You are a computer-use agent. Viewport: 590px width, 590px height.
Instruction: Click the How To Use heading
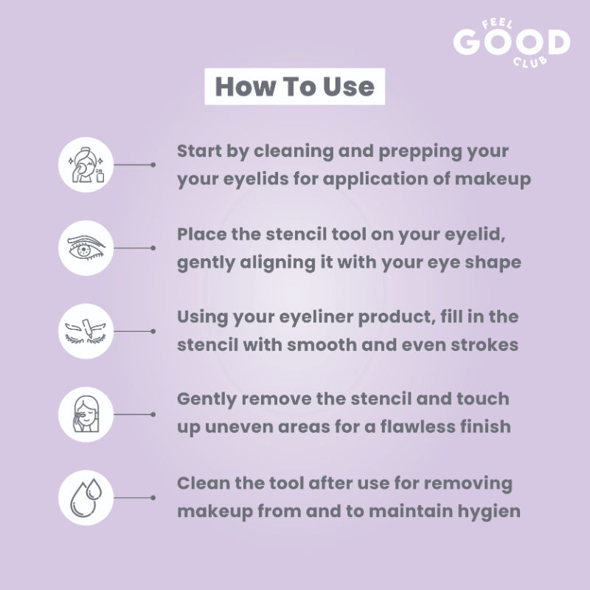click(294, 86)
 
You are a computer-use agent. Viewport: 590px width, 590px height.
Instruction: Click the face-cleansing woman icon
click(86, 164)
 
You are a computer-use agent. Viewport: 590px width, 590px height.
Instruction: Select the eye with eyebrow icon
click(86, 248)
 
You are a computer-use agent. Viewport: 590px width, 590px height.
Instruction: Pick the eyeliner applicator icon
click(86, 331)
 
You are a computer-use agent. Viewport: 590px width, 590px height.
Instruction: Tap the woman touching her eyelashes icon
click(86, 414)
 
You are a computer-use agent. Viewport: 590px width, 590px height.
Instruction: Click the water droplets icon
click(86, 497)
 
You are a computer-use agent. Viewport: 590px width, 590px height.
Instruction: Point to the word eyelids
click(256, 179)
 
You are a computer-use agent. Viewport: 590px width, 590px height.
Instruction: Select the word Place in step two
click(201, 235)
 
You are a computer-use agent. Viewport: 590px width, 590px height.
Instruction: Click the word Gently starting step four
click(207, 400)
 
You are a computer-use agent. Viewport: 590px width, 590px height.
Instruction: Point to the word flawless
click(412, 427)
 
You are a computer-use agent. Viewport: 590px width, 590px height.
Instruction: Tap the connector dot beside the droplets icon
click(153, 498)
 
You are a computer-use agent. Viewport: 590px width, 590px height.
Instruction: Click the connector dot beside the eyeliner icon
click(153, 331)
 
